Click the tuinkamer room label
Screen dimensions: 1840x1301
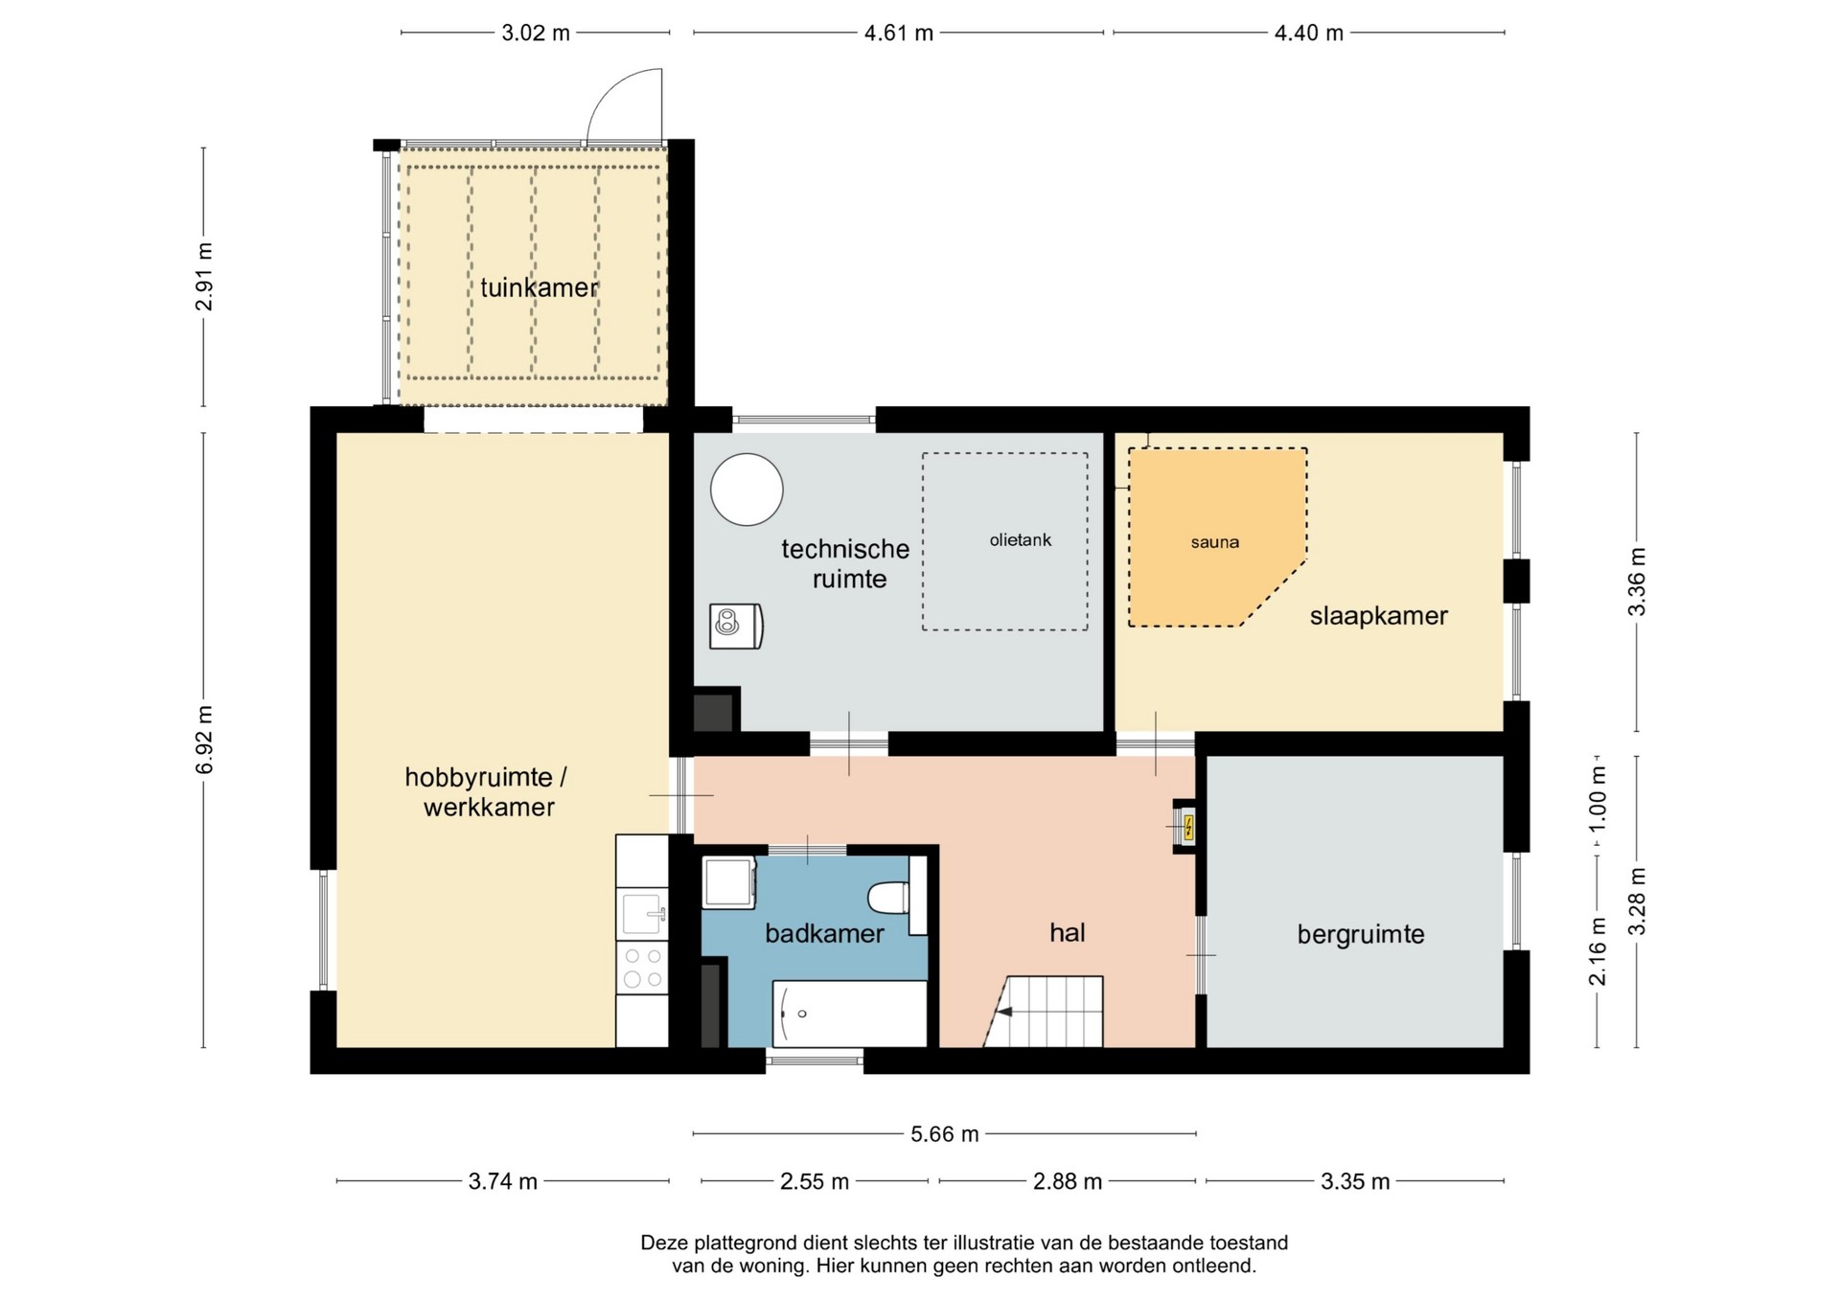click(x=539, y=287)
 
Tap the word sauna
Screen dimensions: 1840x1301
click(x=1215, y=542)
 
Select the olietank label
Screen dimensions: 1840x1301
click(x=1021, y=540)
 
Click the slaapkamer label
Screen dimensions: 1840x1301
click(x=1378, y=616)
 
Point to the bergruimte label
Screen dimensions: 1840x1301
click(x=1361, y=934)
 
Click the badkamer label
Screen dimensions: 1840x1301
click(x=824, y=933)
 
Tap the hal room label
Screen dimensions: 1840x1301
click(x=1068, y=933)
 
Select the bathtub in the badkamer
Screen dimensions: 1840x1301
click(x=850, y=1014)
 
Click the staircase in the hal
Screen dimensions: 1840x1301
click(x=1044, y=1012)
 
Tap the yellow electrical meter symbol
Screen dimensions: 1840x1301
click(x=1188, y=827)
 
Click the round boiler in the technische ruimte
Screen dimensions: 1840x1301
click(x=747, y=490)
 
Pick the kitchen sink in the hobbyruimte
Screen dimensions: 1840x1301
click(x=642, y=914)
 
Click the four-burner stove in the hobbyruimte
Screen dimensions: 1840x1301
click(x=642, y=967)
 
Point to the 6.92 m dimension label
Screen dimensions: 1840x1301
click(x=204, y=740)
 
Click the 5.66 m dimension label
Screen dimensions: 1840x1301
click(x=945, y=1134)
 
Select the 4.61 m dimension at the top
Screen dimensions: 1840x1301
click(x=899, y=34)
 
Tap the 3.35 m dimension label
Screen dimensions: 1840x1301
click(x=1355, y=1181)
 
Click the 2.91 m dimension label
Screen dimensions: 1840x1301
click(x=204, y=277)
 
